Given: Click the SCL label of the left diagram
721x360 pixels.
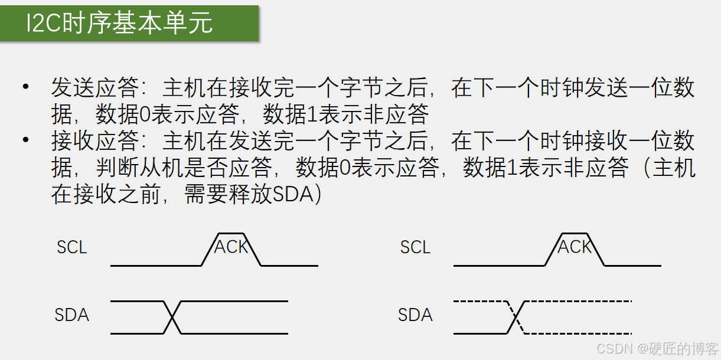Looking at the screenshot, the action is [x=71, y=247].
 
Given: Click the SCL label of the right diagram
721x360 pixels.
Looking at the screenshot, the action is [x=415, y=247].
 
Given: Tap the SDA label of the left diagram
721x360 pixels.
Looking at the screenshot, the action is [x=71, y=315].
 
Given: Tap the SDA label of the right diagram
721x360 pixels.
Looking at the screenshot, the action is [x=415, y=315].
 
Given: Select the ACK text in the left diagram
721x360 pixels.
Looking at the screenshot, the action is [x=231, y=247].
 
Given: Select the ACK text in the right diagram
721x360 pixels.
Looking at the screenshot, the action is [x=574, y=247].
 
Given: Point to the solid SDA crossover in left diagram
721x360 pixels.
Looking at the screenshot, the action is [x=172, y=318].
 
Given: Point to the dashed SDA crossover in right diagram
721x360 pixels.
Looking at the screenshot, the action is [x=516, y=318].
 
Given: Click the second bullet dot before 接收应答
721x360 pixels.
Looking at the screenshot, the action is [x=25, y=140].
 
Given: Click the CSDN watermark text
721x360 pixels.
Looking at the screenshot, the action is [x=615, y=349].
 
